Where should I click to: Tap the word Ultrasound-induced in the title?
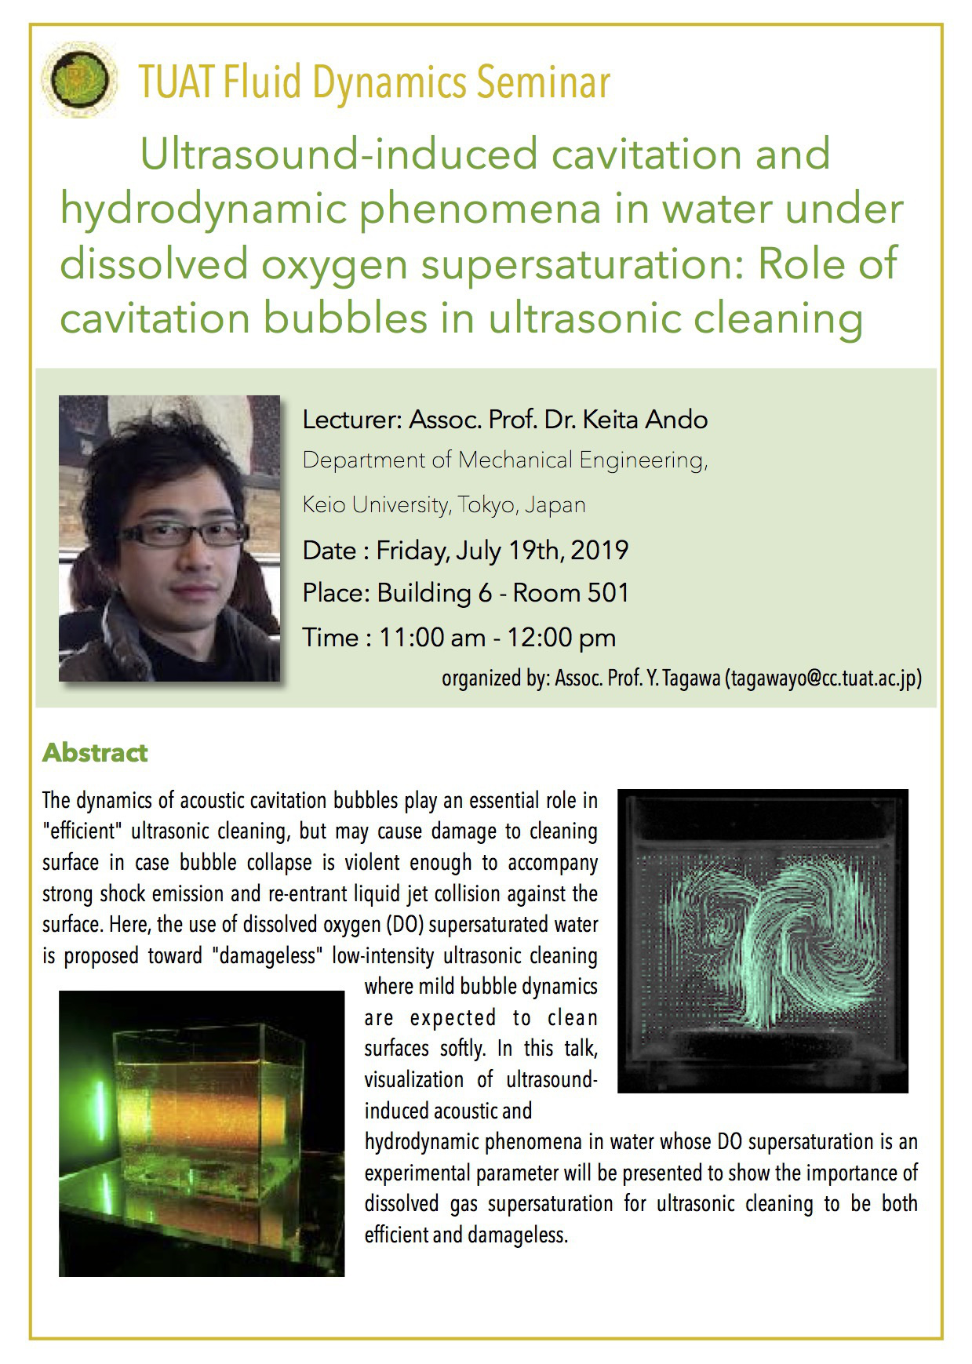[x=339, y=154]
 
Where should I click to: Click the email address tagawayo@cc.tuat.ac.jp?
[x=823, y=678]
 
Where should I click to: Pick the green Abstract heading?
[x=95, y=753]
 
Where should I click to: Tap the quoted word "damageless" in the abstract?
[x=268, y=955]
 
